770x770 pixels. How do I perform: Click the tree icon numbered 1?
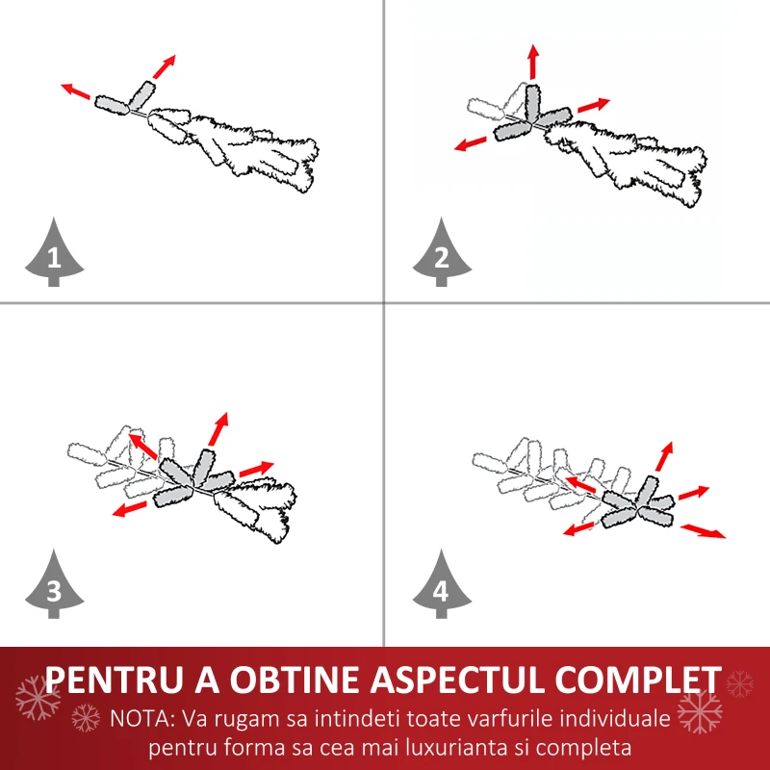click(54, 254)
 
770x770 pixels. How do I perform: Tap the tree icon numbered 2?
click(442, 254)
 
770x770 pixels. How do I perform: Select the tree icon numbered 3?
click(54, 586)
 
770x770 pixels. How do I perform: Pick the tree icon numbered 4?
click(442, 586)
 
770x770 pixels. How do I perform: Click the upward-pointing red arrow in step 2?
click(534, 62)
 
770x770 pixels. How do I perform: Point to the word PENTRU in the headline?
click(116, 680)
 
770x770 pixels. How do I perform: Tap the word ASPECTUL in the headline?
click(456, 680)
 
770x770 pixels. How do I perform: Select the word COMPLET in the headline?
click(638, 680)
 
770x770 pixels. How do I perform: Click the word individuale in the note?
click(615, 719)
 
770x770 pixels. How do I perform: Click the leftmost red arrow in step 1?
click(76, 90)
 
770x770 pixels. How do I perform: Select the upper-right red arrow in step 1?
click(164, 66)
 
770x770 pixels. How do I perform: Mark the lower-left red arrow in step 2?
click(471, 143)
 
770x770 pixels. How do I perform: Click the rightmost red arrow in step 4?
click(704, 531)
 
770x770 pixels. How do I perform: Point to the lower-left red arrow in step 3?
click(130, 509)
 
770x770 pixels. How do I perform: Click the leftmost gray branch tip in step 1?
click(112, 105)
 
